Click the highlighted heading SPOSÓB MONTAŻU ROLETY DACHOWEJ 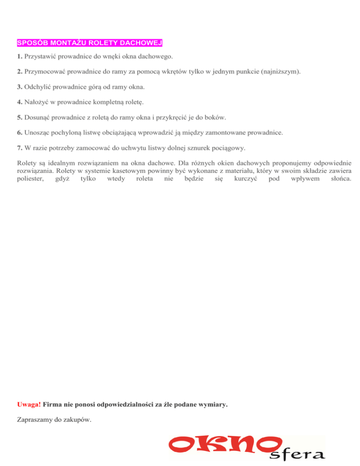pyautogui.click(x=90, y=43)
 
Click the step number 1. pyautogui.click(x=18, y=57)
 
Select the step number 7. pyautogui.click(x=18, y=148)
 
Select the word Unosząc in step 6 pyautogui.click(x=36, y=133)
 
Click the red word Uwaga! pyautogui.click(x=28, y=404)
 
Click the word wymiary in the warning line pyautogui.click(x=212, y=404)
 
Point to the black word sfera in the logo pyautogui.click(x=297, y=454)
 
